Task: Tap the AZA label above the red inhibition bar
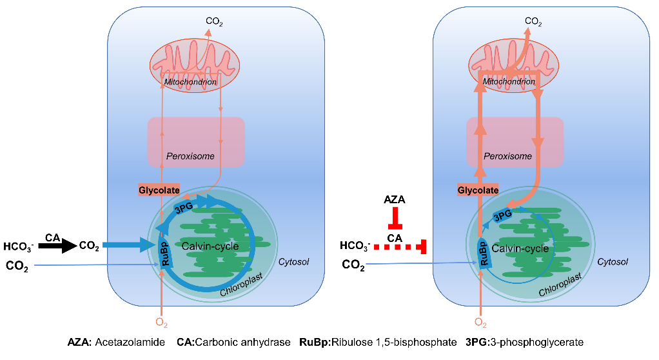394,201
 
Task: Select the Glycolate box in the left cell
157,190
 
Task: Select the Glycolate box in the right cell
478,190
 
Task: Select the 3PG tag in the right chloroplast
502,215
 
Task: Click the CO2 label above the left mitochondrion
214,21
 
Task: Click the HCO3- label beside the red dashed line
355,246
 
